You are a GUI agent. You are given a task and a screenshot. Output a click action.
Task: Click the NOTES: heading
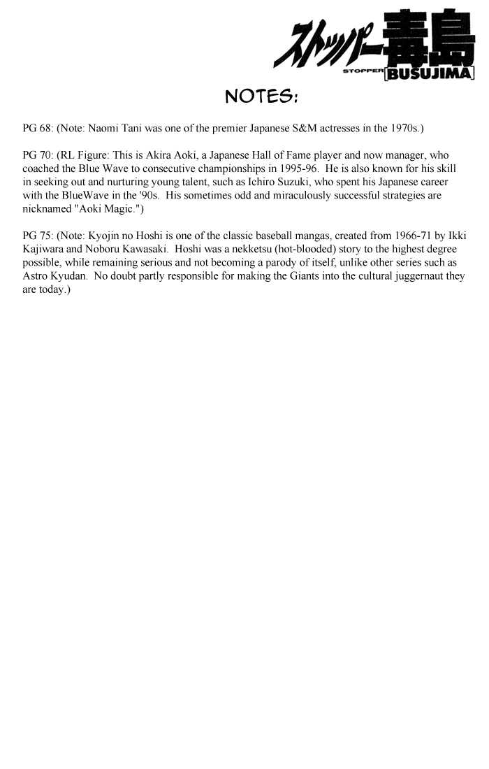point(261,96)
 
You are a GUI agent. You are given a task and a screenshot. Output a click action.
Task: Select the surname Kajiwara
point(43,249)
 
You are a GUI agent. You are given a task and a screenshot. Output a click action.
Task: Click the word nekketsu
point(253,249)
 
